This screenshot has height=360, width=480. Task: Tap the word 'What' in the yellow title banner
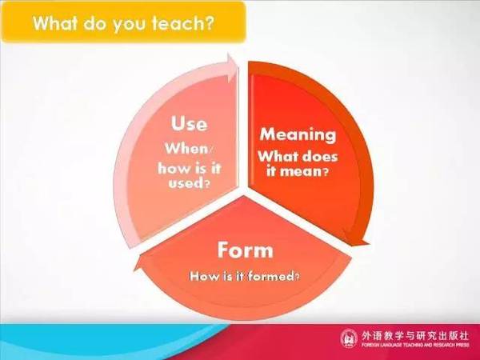coord(54,22)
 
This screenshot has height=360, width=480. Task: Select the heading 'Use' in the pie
coord(189,123)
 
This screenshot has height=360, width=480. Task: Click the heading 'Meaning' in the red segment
coord(298,134)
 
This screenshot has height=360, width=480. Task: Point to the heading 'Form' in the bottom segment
coord(246,250)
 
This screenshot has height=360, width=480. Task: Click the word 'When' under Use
coord(186,149)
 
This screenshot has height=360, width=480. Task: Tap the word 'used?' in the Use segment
coord(189,183)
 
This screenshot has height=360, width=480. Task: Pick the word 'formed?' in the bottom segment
coord(274,276)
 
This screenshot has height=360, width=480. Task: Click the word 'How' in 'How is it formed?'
coord(200,276)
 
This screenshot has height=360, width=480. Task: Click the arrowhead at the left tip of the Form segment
coord(139,263)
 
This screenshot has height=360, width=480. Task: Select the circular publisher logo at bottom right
coord(349,338)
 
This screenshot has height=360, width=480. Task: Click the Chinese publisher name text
coord(414,335)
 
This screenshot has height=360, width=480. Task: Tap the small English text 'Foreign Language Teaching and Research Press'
coord(414,345)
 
